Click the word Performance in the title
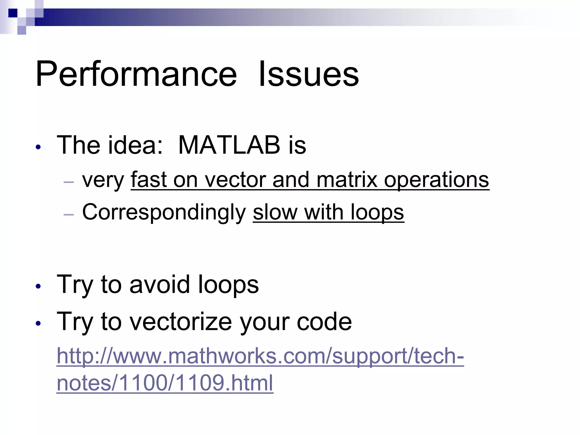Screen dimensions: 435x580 pyautogui.click(x=136, y=74)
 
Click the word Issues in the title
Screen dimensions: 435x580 pyautogui.click(x=309, y=74)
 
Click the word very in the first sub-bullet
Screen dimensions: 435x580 pyautogui.click(x=103, y=180)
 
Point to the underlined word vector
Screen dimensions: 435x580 pyautogui.click(x=235, y=180)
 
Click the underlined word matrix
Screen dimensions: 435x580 pyautogui.click(x=347, y=180)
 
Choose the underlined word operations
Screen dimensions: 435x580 pyautogui.click(x=436, y=180)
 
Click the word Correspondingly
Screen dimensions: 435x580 pyautogui.click(x=164, y=212)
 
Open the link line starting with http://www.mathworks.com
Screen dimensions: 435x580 pyautogui.click(x=260, y=356)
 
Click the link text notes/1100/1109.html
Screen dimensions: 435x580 pyautogui.click(x=165, y=383)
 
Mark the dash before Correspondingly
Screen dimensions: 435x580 pyautogui.click(x=69, y=215)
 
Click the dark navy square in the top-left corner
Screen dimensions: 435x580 pyautogui.click(x=13, y=13)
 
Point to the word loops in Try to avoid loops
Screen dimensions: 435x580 pyautogui.click(x=228, y=284)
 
